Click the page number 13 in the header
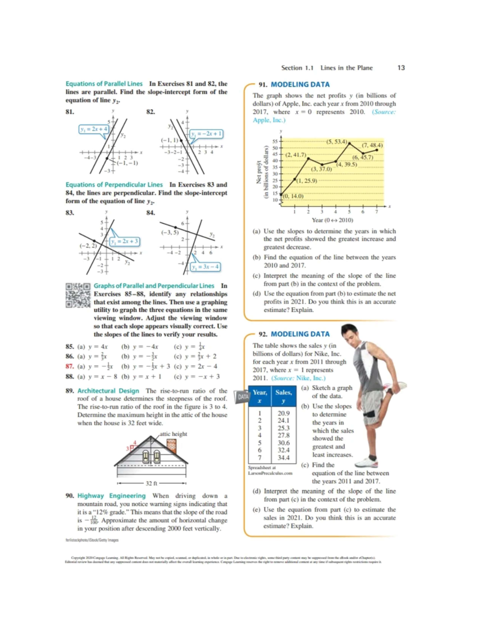point(401,68)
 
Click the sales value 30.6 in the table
point(283,443)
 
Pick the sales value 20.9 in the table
point(283,413)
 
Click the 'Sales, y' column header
point(283,396)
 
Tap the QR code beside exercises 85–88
point(78,295)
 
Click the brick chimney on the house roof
point(171,445)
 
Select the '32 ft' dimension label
point(151,483)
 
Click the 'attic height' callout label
point(173,434)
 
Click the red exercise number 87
point(70,366)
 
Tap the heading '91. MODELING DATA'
point(294,84)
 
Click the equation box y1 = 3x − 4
point(205,266)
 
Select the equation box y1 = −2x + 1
point(206,133)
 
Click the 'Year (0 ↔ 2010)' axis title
point(332,220)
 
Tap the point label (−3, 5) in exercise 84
point(169,232)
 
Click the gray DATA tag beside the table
point(243,397)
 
